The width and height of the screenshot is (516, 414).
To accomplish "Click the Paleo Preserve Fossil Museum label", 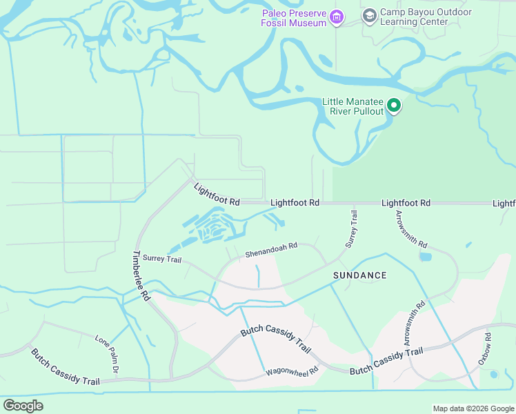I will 293,18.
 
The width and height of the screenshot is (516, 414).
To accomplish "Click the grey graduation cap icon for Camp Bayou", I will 370,15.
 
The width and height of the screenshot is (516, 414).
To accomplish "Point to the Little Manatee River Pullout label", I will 353,106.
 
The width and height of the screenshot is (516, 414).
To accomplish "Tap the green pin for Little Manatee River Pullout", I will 394,106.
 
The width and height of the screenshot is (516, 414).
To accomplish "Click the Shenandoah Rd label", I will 271,250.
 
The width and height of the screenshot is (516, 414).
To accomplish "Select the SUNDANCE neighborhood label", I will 359,275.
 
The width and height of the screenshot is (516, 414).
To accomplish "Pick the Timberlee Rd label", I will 141,275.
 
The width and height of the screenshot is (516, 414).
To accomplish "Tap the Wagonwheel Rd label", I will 292,373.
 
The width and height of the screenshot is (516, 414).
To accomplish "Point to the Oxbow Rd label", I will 486,349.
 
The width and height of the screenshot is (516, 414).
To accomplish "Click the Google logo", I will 23,406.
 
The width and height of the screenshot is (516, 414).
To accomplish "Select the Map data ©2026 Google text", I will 473,408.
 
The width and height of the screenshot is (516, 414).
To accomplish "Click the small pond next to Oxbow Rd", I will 493,375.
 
